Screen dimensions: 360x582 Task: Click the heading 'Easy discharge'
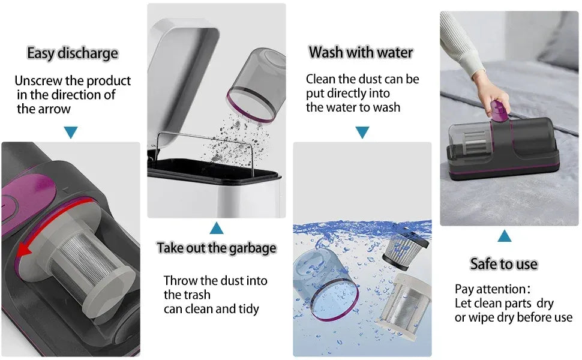click(73, 53)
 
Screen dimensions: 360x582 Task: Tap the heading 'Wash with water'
click(361, 53)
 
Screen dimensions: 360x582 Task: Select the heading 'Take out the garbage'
click(217, 248)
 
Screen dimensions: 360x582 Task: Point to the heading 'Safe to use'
click(504, 264)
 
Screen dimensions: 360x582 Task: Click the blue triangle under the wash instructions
click(362, 133)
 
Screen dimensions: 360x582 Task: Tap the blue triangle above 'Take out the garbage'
click(217, 228)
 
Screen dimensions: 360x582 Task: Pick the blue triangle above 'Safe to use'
click(505, 236)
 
